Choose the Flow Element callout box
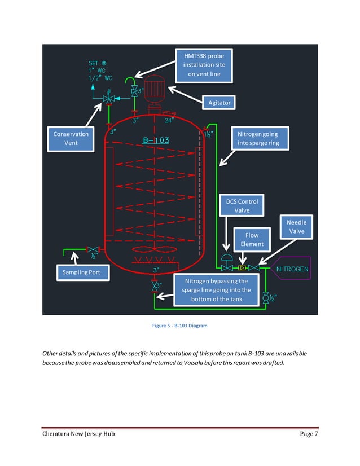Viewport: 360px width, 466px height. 252,239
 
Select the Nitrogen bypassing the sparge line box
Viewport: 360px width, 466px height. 216,290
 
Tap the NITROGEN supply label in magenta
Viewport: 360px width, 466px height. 292,269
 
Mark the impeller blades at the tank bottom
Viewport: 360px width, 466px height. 153,250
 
